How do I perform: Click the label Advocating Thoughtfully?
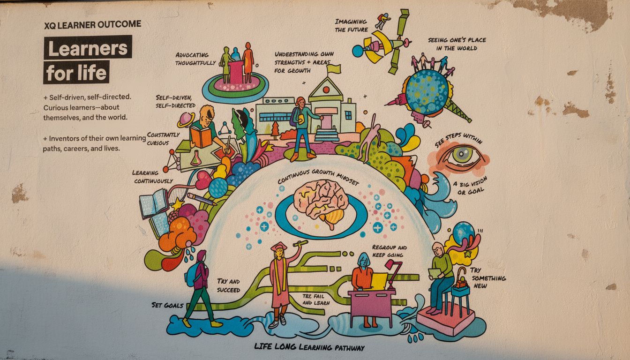(x=195, y=59)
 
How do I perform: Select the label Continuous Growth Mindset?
(x=318, y=179)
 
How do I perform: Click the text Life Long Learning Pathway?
(x=309, y=347)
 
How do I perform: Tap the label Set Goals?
(x=167, y=305)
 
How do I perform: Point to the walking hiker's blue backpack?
(x=191, y=275)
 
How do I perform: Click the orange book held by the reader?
(x=200, y=137)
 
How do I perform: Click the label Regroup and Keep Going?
(x=389, y=251)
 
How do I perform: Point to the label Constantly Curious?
(x=163, y=139)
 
